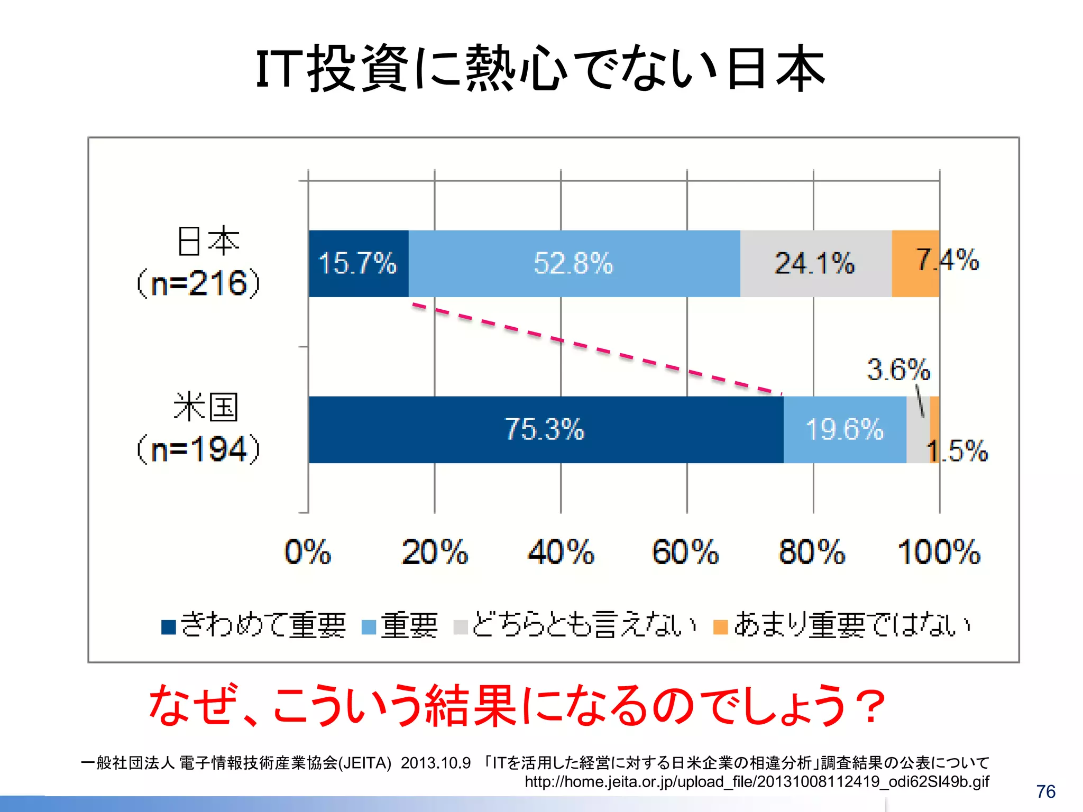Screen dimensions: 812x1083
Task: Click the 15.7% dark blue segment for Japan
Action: point(358,263)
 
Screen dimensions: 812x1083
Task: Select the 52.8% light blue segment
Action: point(574,263)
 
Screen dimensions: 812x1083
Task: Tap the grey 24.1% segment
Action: point(815,263)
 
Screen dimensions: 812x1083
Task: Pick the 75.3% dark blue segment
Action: point(545,429)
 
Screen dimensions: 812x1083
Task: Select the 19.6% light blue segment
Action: point(845,429)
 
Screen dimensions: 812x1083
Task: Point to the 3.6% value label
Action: point(898,370)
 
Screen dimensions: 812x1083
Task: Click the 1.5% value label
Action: point(958,451)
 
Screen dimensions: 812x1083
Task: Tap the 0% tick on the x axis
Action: point(308,552)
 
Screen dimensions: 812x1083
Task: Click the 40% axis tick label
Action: point(561,552)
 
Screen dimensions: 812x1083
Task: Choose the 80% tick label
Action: point(812,552)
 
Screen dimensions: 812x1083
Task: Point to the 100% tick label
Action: point(939,552)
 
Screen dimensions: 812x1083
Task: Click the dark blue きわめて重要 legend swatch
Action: point(169,626)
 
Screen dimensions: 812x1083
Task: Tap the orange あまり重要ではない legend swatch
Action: point(721,626)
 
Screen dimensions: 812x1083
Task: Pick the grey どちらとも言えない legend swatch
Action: point(461,626)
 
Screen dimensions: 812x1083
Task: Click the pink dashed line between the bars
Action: point(596,349)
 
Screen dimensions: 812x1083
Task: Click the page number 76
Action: point(1045,791)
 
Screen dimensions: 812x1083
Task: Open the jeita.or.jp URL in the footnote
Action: point(756,781)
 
